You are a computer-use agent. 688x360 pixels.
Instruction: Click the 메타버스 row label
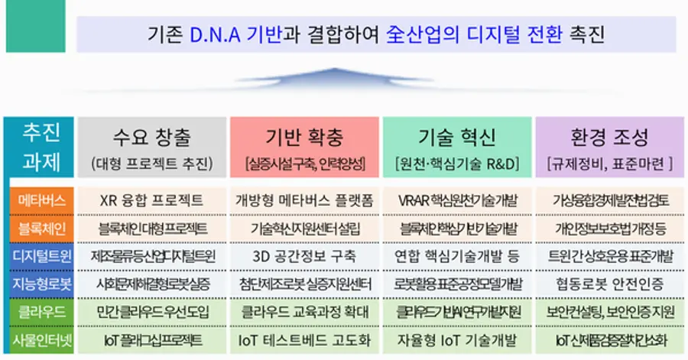click(38, 200)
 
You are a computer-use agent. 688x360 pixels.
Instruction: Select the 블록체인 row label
click(38, 228)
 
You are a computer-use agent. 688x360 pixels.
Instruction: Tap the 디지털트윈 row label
click(38, 255)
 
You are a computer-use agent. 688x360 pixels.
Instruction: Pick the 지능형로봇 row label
click(38, 284)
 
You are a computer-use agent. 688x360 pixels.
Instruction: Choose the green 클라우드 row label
click(38, 311)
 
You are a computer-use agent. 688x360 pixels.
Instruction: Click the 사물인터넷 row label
click(38, 339)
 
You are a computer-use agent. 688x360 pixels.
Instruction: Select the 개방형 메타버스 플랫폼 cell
click(304, 200)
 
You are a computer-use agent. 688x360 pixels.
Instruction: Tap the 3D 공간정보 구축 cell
click(304, 255)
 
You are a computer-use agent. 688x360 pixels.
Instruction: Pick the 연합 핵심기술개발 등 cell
click(457, 255)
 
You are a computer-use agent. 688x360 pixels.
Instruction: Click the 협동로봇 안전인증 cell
click(609, 284)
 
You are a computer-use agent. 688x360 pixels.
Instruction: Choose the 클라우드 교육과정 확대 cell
click(304, 311)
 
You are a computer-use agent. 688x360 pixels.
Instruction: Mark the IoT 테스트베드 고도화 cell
click(304, 339)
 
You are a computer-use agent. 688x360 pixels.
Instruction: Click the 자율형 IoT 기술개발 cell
click(457, 339)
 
